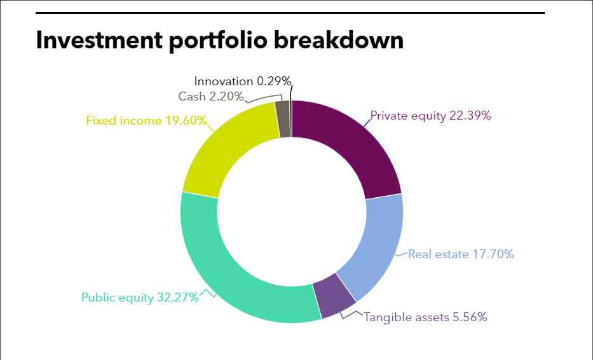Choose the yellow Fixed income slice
click(x=227, y=151)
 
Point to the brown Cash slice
click(x=282, y=119)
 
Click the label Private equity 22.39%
click(x=430, y=116)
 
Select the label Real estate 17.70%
click(x=461, y=254)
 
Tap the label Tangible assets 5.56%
click(x=425, y=317)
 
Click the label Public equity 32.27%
click(x=140, y=298)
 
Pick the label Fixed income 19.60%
click(x=146, y=120)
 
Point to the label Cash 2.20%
click(x=211, y=97)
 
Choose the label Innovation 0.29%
click(x=243, y=81)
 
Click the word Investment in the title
click(x=99, y=39)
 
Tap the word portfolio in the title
click(x=218, y=41)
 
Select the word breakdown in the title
click(x=339, y=39)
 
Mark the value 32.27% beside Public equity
click(x=178, y=297)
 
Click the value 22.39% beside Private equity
click(x=470, y=115)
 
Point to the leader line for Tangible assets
click(x=351, y=315)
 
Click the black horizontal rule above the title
click(x=290, y=13)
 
